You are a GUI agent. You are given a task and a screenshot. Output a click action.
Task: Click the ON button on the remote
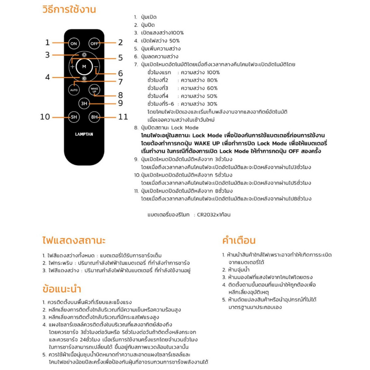pos(74,44)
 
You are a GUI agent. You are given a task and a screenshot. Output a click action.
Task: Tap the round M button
pos(84,66)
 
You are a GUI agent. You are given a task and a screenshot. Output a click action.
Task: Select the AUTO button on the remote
pos(74,90)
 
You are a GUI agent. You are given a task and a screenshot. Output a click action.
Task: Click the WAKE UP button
pos(94,90)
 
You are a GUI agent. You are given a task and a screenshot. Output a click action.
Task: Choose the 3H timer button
pos(84,103)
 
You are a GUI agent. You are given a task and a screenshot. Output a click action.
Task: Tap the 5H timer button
pos(74,117)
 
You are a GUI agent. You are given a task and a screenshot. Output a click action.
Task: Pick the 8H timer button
pos(94,117)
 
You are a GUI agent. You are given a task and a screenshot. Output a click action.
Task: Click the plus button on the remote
pos(73,67)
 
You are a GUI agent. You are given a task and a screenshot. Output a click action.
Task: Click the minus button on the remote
pos(96,67)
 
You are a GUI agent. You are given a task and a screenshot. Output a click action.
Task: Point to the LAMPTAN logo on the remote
pos(84,134)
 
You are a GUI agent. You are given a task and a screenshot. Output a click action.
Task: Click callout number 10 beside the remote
pos(45,117)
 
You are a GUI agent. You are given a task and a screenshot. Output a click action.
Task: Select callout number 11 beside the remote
pos(123,117)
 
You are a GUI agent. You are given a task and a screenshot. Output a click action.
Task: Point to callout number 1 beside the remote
pos(47,43)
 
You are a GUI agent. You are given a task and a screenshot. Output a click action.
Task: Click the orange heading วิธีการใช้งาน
pos(69,10)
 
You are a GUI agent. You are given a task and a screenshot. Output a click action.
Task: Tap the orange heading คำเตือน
pos(239,240)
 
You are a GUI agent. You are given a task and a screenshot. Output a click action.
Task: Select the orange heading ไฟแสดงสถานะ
pos(74,240)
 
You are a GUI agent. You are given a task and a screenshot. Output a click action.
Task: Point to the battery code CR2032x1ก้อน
pos(214,215)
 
